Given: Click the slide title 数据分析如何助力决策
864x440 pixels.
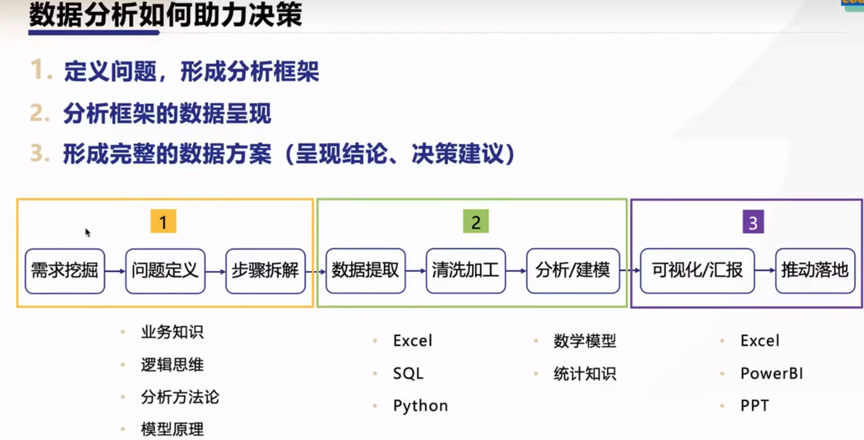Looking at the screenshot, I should (165, 15).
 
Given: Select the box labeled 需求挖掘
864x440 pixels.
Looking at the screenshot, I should (65, 271).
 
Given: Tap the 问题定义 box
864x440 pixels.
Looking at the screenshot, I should (165, 271).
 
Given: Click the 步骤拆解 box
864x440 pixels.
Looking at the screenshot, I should (265, 271).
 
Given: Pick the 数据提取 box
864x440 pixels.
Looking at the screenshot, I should (365, 271).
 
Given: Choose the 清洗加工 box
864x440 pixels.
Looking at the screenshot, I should (466, 271).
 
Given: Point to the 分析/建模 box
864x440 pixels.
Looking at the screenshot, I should (573, 271).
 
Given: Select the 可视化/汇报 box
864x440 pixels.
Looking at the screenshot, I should (697, 271).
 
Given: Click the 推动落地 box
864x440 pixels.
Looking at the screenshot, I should (815, 271).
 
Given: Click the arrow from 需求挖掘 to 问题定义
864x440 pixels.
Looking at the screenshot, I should (115, 271).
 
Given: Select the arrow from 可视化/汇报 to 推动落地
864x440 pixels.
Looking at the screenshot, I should (765, 271).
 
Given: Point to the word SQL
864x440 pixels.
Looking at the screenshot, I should (408, 374).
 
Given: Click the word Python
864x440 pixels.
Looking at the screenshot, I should (420, 406).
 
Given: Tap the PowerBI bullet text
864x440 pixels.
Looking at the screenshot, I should (772, 373).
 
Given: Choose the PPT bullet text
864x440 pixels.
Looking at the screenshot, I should (755, 406).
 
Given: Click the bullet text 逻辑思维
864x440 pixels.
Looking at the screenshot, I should (172, 365).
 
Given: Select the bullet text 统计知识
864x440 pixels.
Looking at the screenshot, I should (584, 374).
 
